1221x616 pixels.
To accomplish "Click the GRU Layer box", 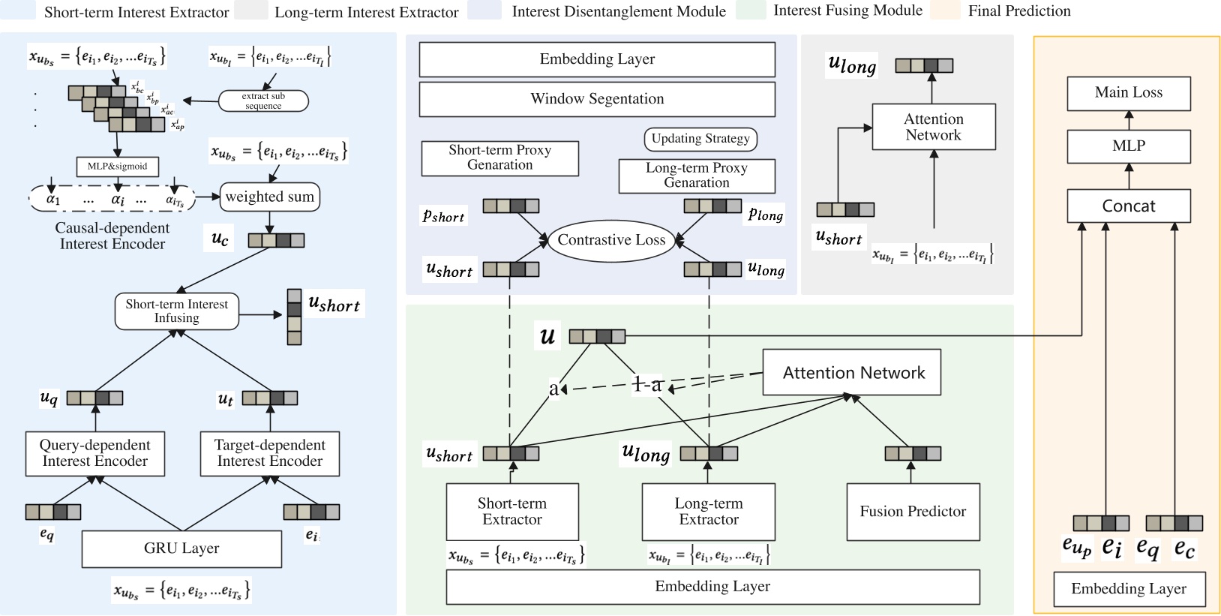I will tap(181, 548).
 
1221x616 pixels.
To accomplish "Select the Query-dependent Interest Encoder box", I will tap(95, 453).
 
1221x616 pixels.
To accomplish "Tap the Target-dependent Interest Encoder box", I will tap(270, 453).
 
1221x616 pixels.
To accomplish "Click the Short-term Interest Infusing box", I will tap(177, 311).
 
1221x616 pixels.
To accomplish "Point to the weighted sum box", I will tap(270, 197).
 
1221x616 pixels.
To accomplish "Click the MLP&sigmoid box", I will tap(117, 166).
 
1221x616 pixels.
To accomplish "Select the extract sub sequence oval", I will tap(263, 101).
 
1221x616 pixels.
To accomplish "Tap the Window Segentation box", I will tap(597, 99).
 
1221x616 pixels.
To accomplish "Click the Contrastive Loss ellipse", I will tap(611, 240).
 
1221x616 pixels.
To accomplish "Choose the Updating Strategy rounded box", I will tap(700, 139).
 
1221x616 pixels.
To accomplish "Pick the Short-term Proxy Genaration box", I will tap(499, 158).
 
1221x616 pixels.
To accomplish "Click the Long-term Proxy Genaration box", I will tap(697, 176).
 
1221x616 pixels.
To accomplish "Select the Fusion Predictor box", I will tap(913, 512).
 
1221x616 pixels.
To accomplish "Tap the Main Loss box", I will tap(1128, 93).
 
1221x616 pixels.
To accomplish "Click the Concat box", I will tap(1128, 206).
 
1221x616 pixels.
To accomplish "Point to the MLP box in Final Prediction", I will tap(1128, 146).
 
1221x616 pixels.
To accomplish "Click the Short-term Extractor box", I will tap(512, 512).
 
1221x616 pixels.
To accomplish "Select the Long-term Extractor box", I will tap(709, 512).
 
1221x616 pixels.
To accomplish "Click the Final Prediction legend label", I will tap(1019, 11).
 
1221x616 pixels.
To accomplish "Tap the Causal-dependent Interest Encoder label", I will tap(112, 236).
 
